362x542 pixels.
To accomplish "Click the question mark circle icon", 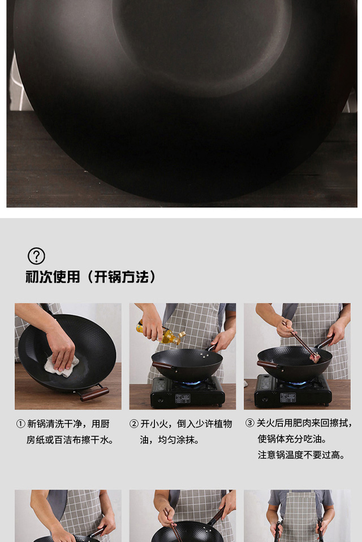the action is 36,256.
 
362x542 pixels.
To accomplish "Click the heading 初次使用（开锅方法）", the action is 91,277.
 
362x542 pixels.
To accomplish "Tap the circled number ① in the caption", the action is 21,424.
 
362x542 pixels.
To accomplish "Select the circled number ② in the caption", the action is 134,424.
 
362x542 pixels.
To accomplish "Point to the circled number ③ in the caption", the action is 250,423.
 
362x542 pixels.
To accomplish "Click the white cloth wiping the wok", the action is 61,365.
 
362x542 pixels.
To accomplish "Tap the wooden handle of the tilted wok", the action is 94,394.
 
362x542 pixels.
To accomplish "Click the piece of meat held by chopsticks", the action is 314,358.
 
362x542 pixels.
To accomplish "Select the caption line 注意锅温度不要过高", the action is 301,455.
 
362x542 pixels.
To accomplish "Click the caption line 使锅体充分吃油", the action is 292,439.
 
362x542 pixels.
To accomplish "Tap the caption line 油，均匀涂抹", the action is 169,440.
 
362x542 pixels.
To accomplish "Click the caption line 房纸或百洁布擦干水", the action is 70,440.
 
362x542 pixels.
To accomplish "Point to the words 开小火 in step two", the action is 154,424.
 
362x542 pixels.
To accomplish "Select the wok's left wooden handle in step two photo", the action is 163,365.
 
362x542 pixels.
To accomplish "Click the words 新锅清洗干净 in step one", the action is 54,424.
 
